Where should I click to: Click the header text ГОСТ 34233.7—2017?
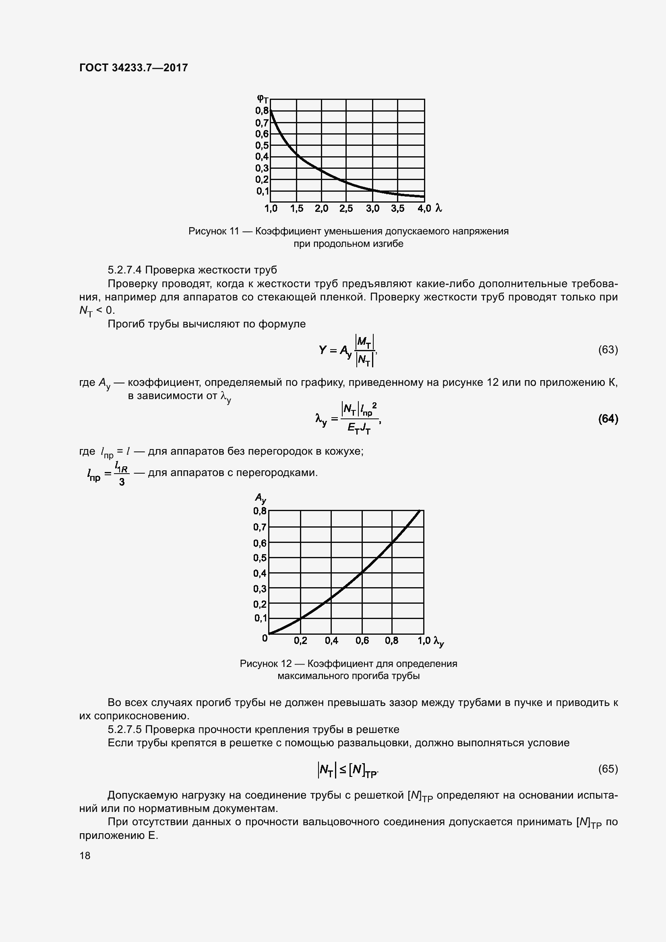click(x=133, y=68)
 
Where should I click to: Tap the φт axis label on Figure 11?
click(x=263, y=98)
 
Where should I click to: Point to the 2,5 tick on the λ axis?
click(x=346, y=209)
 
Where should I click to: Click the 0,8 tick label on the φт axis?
click(x=262, y=110)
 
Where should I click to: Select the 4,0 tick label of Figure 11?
click(x=424, y=209)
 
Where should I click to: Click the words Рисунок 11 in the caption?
click(x=213, y=232)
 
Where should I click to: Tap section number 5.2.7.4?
click(x=125, y=270)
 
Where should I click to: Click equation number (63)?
click(x=608, y=350)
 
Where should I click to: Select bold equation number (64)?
click(x=608, y=419)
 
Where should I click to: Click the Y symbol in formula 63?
click(x=323, y=350)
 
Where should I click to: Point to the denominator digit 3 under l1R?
click(x=122, y=482)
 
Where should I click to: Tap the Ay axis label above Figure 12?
click(x=261, y=499)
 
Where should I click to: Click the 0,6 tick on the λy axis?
click(x=362, y=641)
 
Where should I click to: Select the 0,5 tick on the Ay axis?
click(x=260, y=558)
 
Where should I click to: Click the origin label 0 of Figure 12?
click(x=265, y=638)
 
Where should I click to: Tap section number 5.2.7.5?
click(x=125, y=729)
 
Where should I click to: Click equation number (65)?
click(x=608, y=769)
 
